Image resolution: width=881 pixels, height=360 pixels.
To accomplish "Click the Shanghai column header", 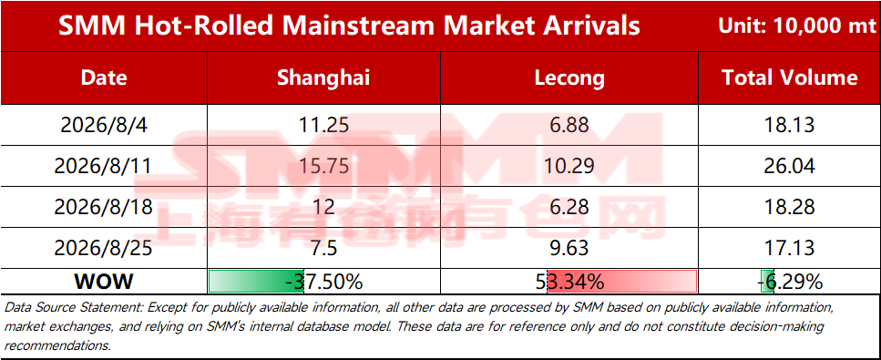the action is click(x=323, y=77).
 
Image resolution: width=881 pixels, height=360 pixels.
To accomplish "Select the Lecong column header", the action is click(x=569, y=78).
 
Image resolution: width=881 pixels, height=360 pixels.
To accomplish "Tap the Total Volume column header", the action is click(x=789, y=77).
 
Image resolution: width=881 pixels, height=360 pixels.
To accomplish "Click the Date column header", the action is click(x=104, y=77).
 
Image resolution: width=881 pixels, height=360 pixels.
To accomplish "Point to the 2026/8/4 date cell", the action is click(x=103, y=124).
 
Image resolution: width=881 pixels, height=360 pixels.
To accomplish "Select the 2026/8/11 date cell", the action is click(x=103, y=165).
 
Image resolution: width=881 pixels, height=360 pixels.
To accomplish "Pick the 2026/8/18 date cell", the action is click(x=103, y=207).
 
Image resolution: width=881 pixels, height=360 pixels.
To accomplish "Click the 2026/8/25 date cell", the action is click(x=103, y=248).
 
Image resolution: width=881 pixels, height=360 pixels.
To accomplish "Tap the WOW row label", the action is click(x=103, y=282).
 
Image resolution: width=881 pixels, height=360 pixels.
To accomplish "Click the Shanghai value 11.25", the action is click(x=323, y=124).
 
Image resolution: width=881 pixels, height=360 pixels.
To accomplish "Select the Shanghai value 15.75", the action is click(x=323, y=165).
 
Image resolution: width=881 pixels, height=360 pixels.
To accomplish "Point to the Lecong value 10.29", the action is click(x=569, y=165).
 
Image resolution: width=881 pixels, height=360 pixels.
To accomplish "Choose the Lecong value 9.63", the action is click(x=569, y=248).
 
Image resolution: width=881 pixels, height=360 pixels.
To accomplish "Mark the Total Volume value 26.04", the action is click(x=789, y=165).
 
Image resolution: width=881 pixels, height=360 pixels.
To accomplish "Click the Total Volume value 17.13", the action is click(x=789, y=248).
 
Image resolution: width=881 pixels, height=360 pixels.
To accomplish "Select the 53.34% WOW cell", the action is click(x=570, y=282).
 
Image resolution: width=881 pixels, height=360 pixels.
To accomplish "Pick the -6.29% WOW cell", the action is click(x=790, y=282).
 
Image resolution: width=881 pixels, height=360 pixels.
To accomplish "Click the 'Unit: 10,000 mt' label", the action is click(x=797, y=26).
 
